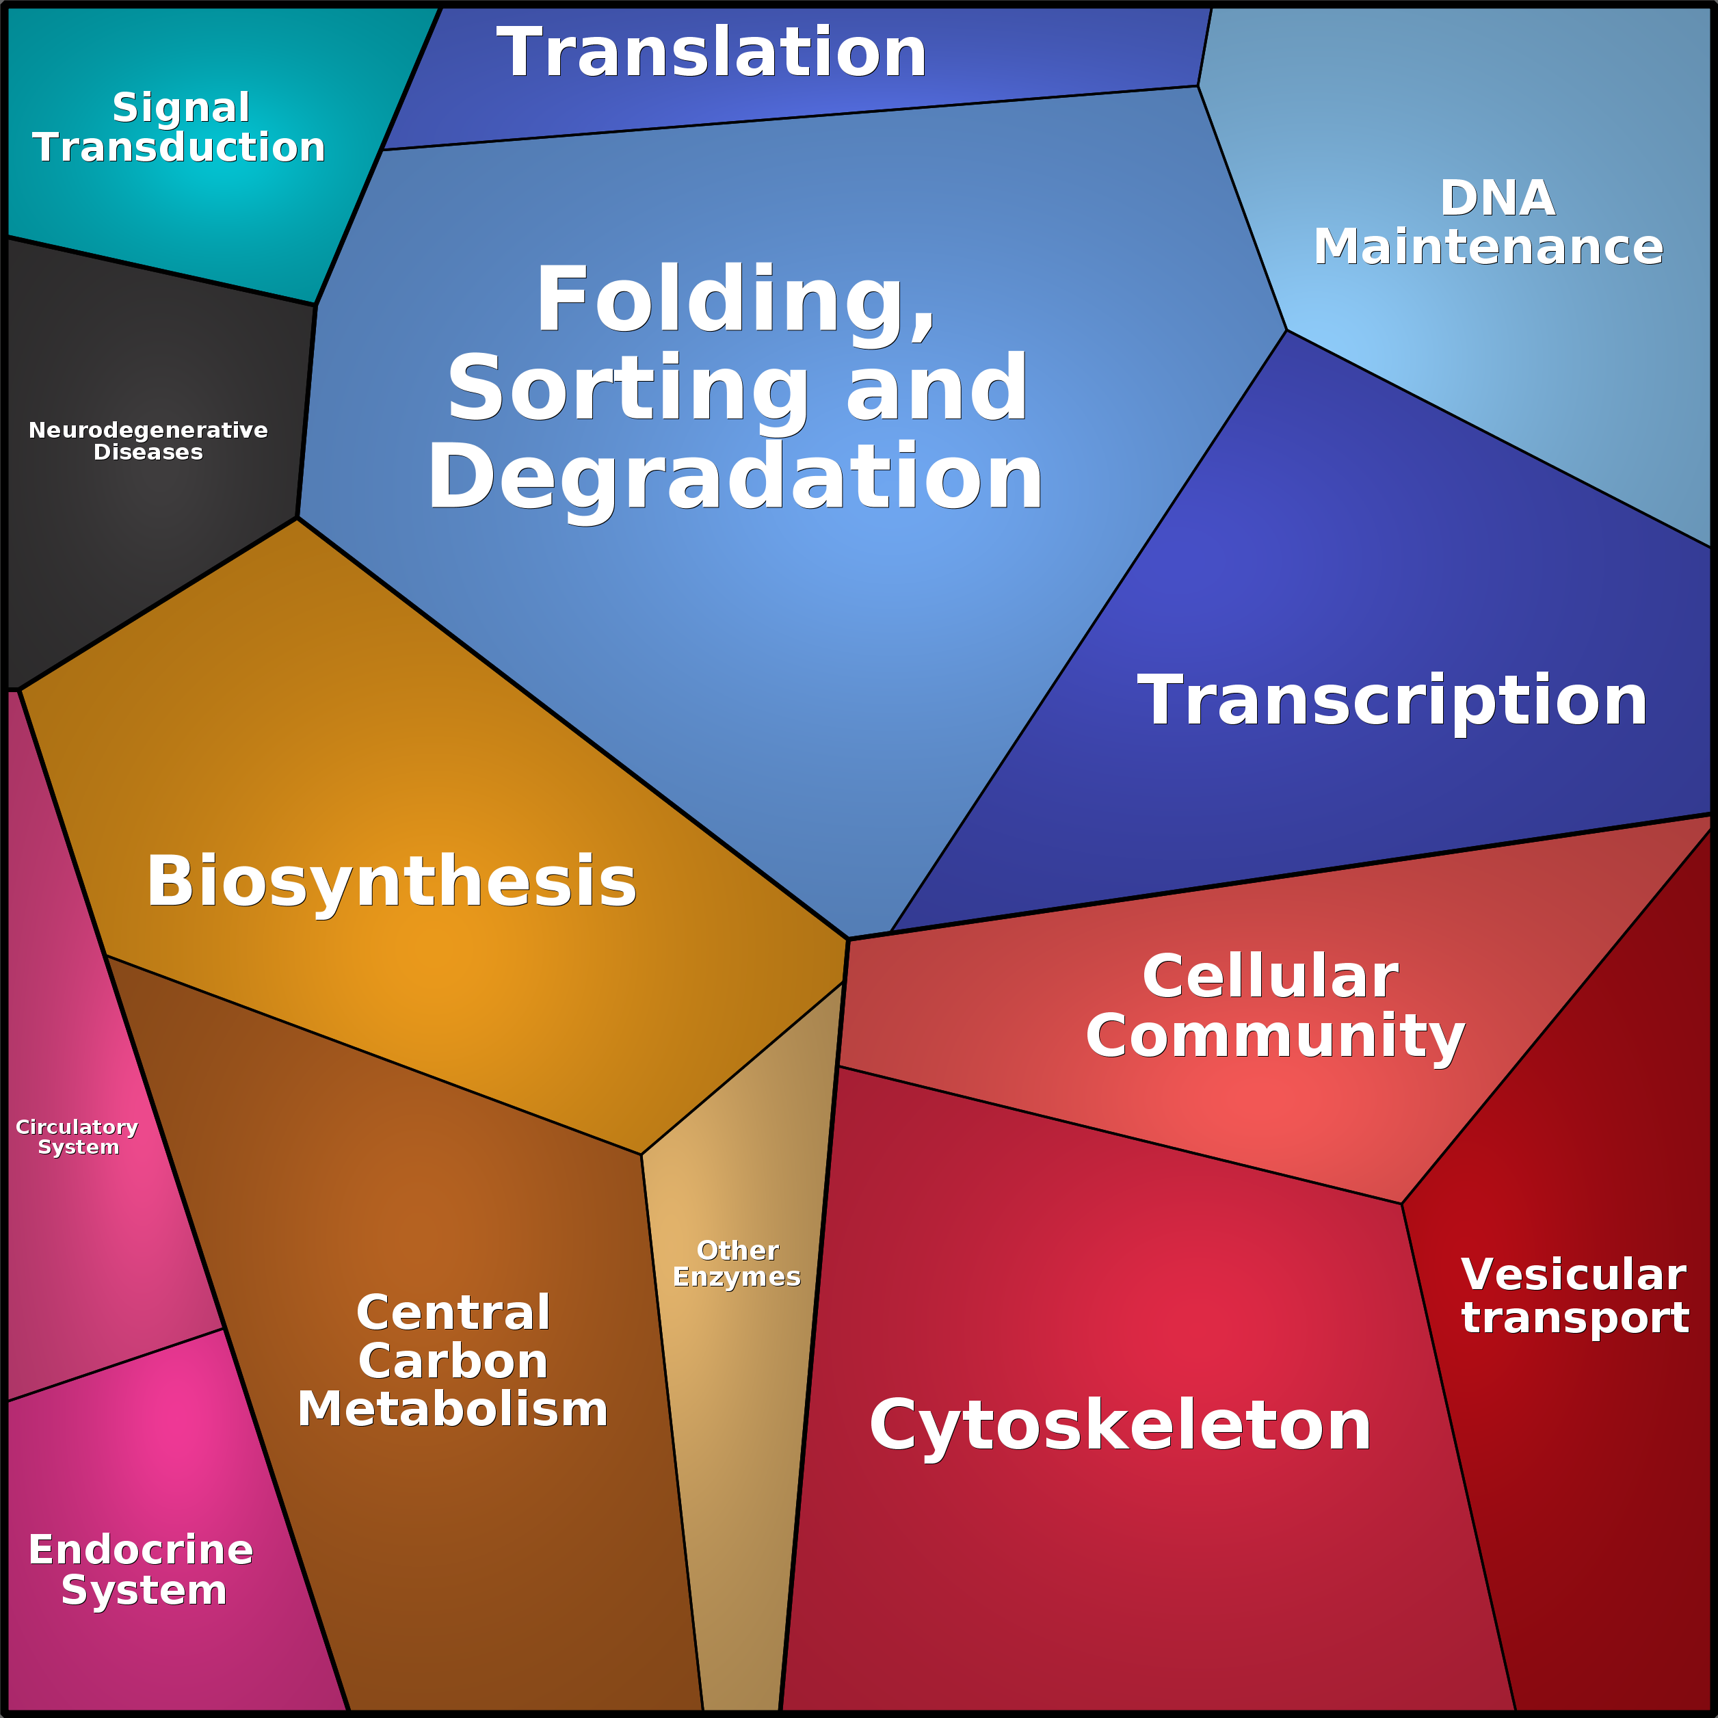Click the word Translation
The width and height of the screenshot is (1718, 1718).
coord(711,53)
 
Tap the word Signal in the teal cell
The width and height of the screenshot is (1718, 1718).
coord(181,107)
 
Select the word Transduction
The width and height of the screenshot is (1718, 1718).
coord(179,148)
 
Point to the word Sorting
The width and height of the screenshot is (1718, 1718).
coord(627,389)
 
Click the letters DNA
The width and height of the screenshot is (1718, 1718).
coord(1498,198)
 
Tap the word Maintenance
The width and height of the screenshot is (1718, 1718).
coord(1488,247)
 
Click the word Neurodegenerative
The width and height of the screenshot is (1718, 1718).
coord(148,430)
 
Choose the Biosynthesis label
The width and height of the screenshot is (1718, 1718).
coord(391,882)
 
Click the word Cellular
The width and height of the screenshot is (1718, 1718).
coord(1271,977)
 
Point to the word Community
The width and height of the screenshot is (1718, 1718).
coord(1275,1036)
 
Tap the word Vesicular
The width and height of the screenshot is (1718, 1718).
coord(1573,1275)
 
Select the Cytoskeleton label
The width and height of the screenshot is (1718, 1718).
coord(1120,1425)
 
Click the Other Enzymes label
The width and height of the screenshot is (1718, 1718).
coord(737,1264)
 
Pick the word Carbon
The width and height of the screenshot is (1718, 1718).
coord(453,1362)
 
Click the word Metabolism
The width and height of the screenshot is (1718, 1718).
coord(453,1410)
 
